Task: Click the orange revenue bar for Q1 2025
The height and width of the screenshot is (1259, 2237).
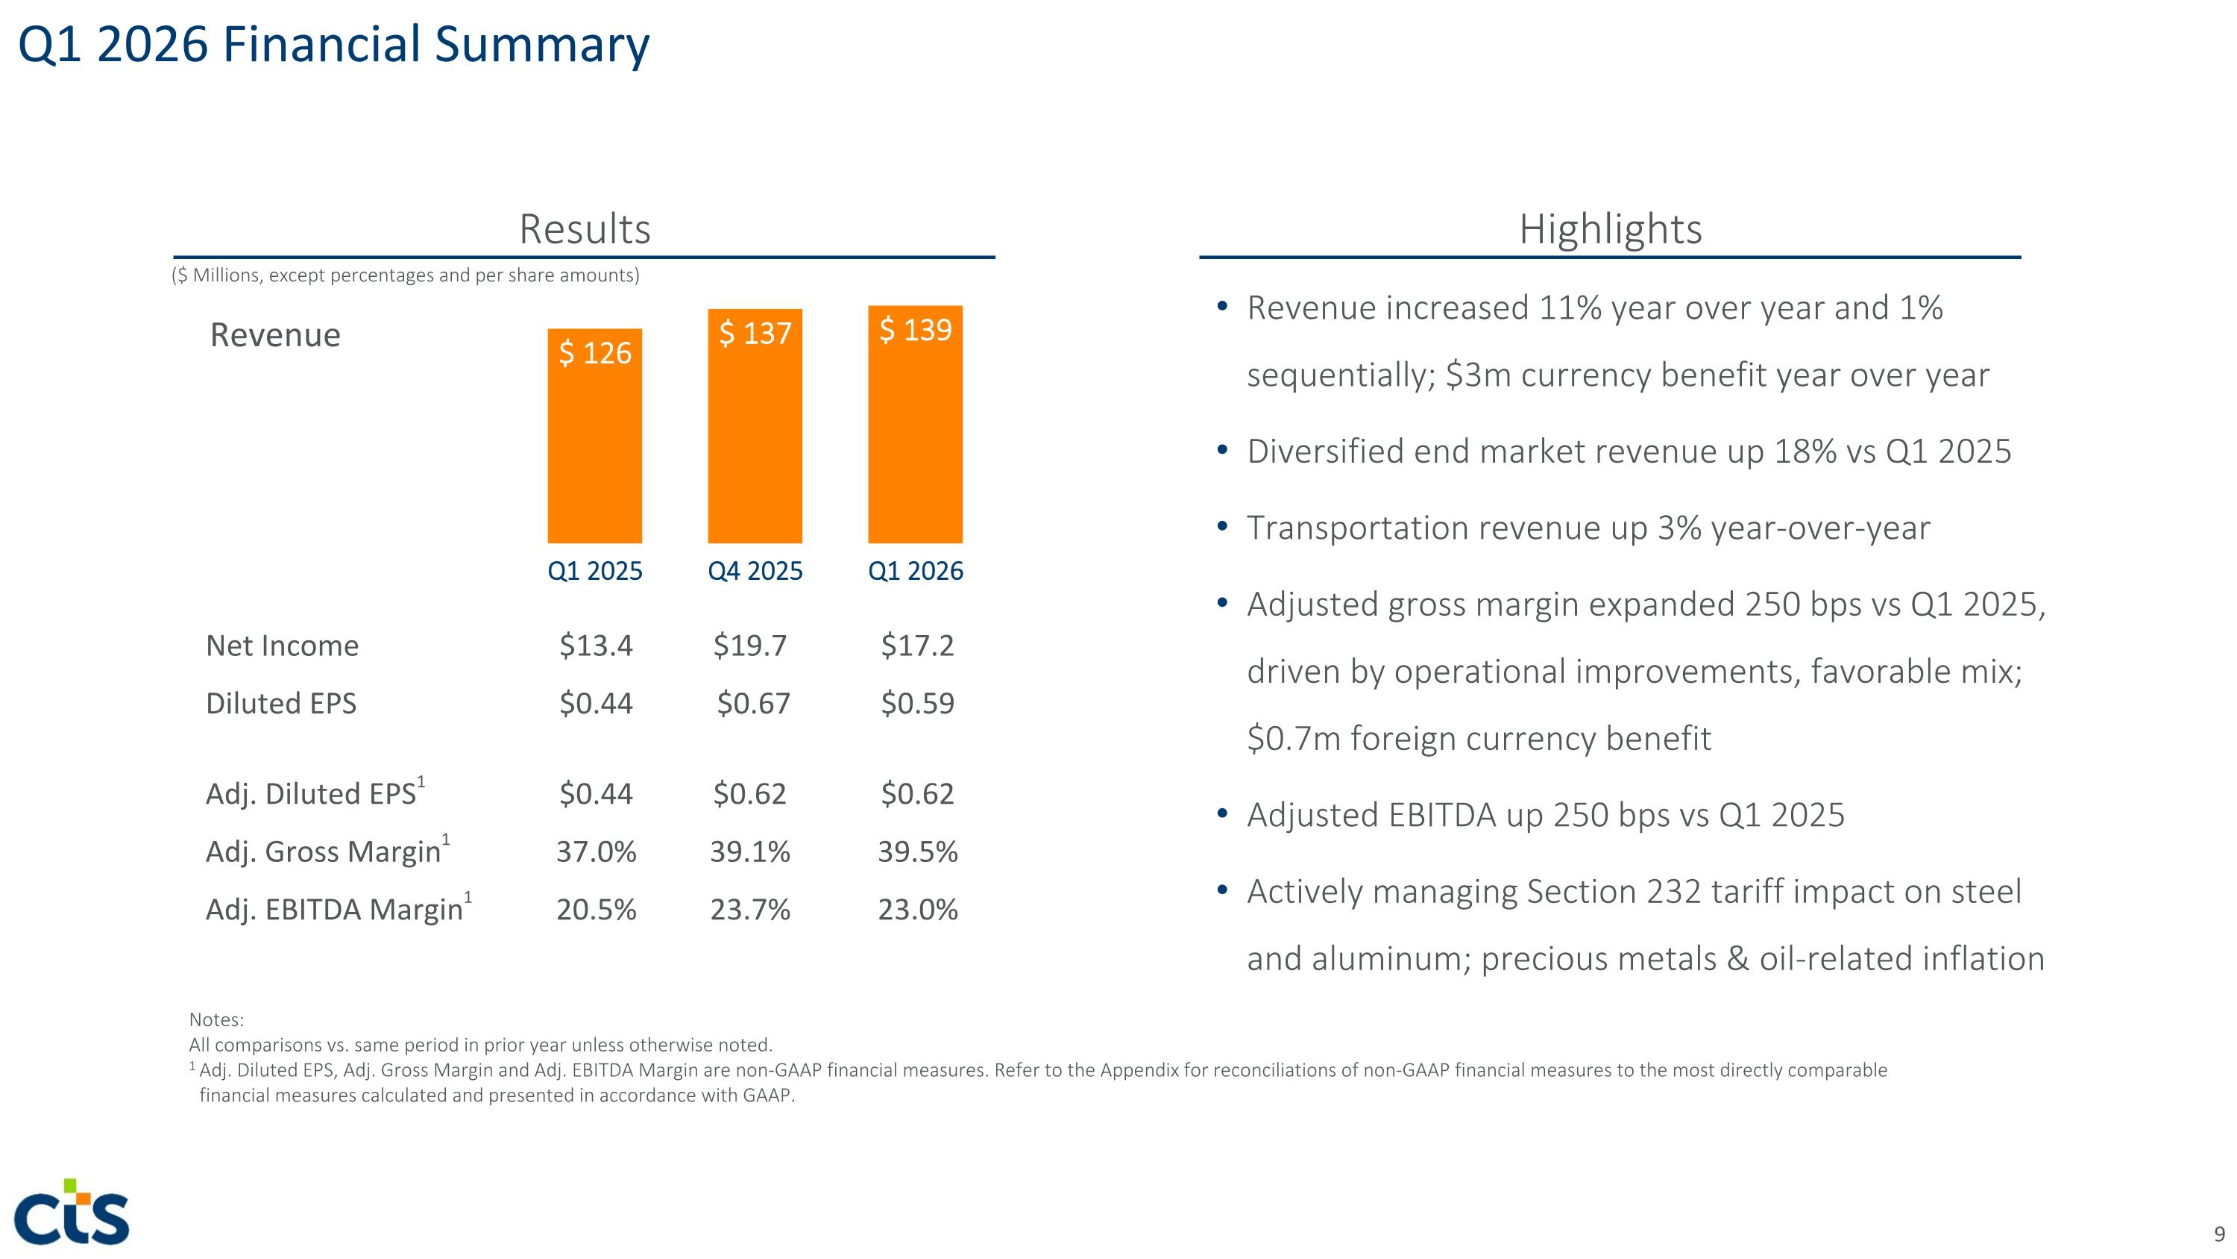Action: [x=595, y=435]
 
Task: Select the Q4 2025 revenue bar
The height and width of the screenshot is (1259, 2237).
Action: [x=755, y=425]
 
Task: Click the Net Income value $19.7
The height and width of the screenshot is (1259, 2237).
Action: [x=749, y=646]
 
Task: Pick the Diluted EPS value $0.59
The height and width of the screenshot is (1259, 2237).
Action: [x=917, y=703]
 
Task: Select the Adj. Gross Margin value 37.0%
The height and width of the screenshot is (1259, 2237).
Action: [x=596, y=852]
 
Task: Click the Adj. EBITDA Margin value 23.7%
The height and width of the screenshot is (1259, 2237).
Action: [x=750, y=910]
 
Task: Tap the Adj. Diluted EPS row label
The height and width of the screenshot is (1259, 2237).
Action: [x=315, y=792]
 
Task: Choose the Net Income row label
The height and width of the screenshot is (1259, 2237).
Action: [x=282, y=646]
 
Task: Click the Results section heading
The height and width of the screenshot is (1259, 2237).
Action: [x=585, y=229]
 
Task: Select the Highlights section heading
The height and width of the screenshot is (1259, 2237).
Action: [x=1610, y=229]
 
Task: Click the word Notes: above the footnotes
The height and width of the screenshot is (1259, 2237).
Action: [x=216, y=1020]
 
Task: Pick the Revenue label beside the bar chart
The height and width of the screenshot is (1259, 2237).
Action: [x=275, y=334]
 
